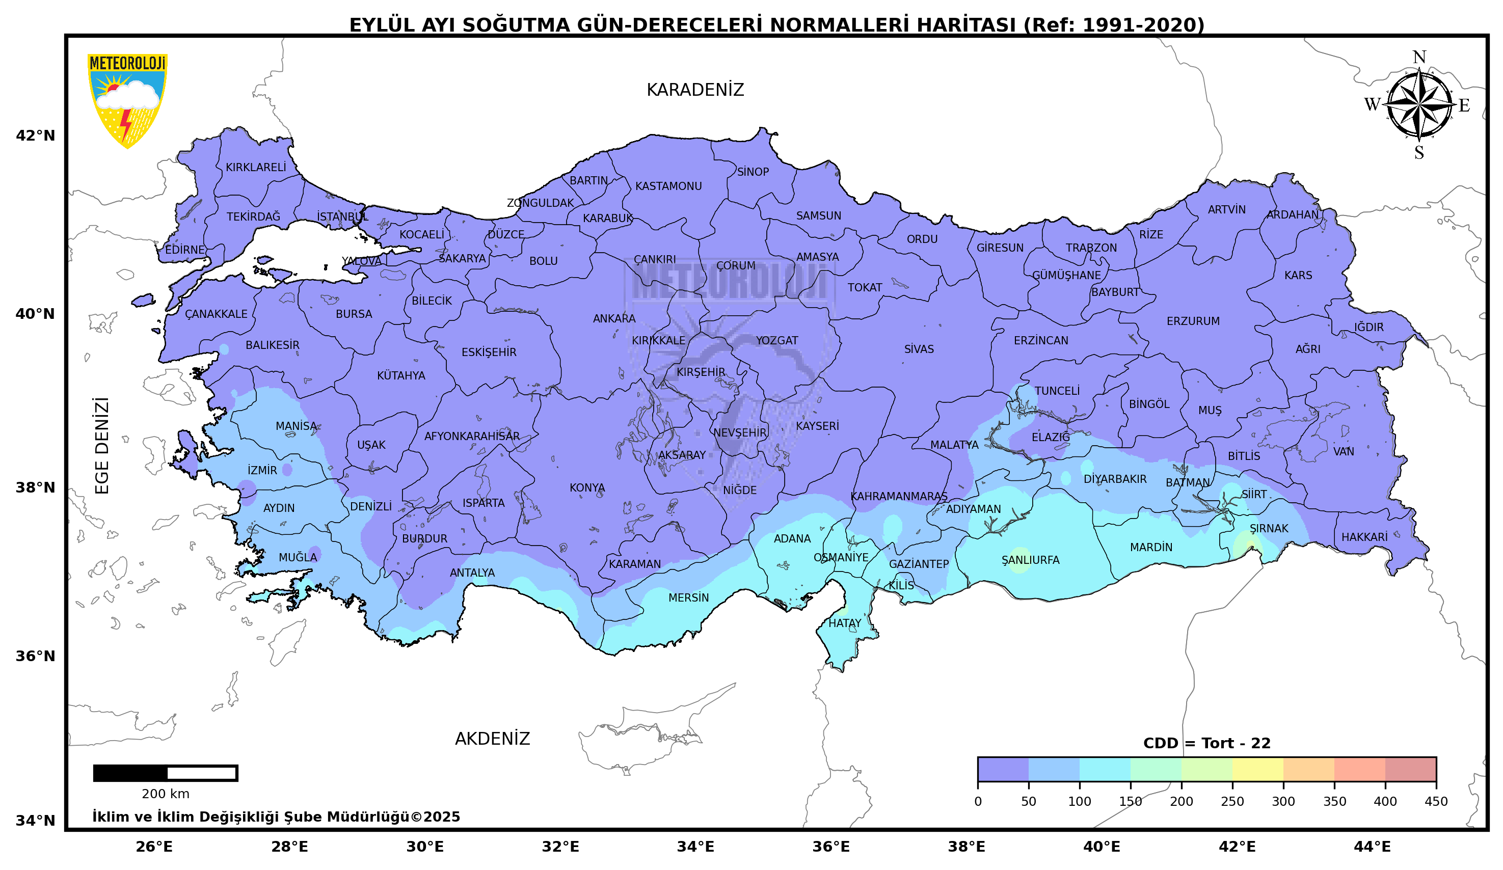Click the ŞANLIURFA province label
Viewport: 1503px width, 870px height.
[1030, 560]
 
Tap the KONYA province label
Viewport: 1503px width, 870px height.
[587, 488]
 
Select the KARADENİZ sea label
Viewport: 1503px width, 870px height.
[695, 90]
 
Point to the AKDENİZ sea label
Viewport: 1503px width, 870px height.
[492, 739]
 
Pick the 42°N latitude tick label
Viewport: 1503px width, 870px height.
[35, 136]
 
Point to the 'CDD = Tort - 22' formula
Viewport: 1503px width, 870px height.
[1206, 744]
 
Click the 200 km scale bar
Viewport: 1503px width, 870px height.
[165, 773]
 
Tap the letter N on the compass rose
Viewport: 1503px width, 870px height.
[1419, 57]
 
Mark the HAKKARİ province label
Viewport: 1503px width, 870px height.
[1364, 537]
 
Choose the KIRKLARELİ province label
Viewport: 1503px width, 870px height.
[255, 168]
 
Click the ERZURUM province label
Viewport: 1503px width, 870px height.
[1193, 321]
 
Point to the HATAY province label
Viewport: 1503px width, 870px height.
[845, 623]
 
